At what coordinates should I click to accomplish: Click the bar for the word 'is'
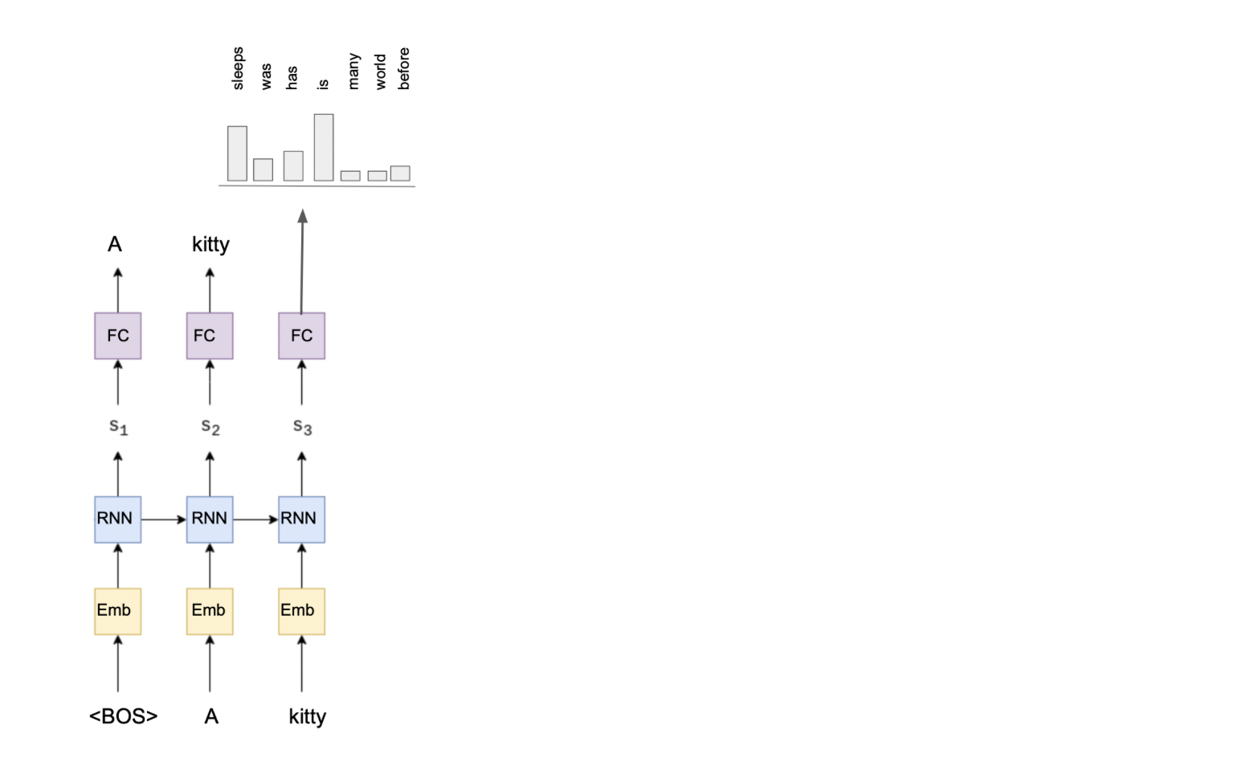(324, 147)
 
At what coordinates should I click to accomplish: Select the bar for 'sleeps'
(237, 153)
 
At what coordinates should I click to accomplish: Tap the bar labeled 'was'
(263, 169)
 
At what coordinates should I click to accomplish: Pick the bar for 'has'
(293, 165)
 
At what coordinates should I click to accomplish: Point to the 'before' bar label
(403, 68)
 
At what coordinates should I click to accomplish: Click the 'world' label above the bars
(380, 71)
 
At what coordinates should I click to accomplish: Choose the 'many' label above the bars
(353, 71)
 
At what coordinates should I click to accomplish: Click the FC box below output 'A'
(118, 336)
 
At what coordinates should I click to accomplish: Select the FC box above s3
(302, 336)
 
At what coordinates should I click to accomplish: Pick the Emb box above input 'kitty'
(302, 611)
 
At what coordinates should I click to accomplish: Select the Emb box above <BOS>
(118, 611)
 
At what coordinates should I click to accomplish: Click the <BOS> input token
(123, 716)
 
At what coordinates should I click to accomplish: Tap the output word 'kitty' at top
(210, 244)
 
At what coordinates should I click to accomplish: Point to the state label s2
(210, 426)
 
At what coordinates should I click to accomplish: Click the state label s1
(118, 426)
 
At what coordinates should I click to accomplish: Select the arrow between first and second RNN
(164, 519)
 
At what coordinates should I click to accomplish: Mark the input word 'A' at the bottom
(211, 716)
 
